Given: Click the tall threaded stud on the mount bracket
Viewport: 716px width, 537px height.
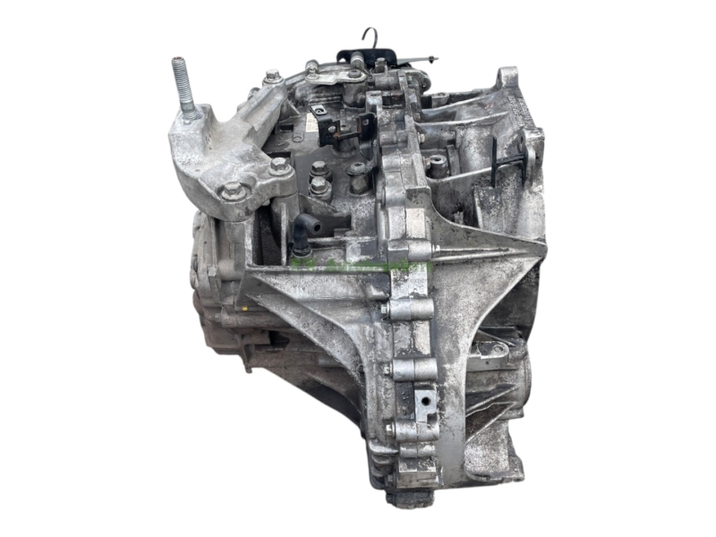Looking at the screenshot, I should (185, 89).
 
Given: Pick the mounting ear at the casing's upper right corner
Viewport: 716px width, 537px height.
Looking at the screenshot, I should (509, 78).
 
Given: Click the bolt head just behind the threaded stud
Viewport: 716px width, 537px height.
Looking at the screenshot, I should (271, 78).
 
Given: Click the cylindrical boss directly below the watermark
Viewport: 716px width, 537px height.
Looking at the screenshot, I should (411, 309).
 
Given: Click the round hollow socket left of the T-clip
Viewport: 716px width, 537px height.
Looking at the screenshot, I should (438, 166).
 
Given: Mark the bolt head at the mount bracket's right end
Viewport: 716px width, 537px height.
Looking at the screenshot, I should (279, 166).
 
